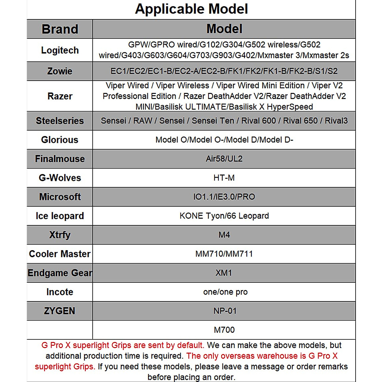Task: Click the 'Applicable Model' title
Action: coord(191,9)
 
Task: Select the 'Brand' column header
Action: coord(60,29)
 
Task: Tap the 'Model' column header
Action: coord(224,29)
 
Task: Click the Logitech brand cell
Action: coord(60,50)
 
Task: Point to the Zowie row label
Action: coord(60,71)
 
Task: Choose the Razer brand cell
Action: coord(60,96)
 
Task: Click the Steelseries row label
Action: coord(60,121)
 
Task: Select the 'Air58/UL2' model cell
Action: coord(224,159)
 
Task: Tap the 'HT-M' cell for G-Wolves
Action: coord(224,178)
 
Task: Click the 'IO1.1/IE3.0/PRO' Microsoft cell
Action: coord(224,197)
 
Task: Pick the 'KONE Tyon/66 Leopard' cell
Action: coord(224,216)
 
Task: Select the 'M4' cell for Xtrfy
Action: coord(224,235)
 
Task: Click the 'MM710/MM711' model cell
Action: coord(224,254)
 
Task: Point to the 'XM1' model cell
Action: coord(224,273)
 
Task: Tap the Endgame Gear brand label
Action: coord(60,273)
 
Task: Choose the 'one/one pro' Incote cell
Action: coord(225,292)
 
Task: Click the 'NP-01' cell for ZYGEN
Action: coord(225,311)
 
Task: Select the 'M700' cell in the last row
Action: coord(224,330)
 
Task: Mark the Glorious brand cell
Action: coord(60,140)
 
